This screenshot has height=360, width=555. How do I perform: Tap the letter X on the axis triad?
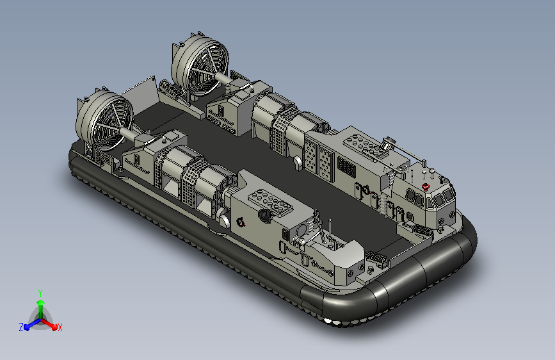[x=60, y=327]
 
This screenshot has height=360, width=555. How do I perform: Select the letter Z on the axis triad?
[x=21, y=327]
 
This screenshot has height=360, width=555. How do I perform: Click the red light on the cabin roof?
[x=426, y=187]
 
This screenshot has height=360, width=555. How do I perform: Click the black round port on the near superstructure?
[x=264, y=215]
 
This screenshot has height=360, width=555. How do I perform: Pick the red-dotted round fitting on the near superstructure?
[x=241, y=222]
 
